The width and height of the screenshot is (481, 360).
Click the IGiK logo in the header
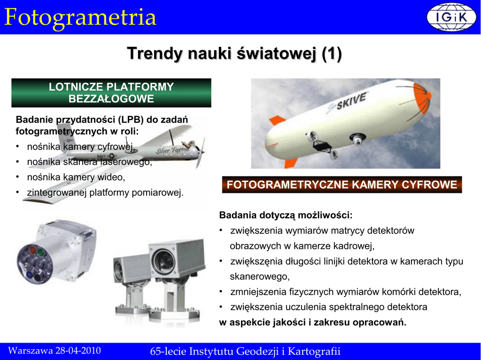click(x=451, y=17)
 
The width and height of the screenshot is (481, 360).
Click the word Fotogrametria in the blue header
click(x=80, y=17)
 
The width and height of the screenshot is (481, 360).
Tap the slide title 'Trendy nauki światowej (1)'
click(x=234, y=54)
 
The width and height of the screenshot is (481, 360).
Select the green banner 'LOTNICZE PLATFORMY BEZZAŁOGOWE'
click(x=111, y=93)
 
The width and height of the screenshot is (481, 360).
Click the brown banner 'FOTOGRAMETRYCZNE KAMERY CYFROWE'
click(x=342, y=184)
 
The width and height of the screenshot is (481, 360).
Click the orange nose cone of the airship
click(x=422, y=98)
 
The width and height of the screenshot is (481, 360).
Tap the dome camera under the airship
click(x=357, y=139)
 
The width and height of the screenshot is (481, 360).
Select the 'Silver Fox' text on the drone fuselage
click(x=169, y=151)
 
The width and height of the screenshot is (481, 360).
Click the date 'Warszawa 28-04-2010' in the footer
click(x=54, y=351)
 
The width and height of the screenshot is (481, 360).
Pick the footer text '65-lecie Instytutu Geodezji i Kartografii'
click(x=245, y=351)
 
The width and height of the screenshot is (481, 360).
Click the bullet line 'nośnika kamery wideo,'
click(x=76, y=177)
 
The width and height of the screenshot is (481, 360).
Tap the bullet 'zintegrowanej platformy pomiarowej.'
click(x=105, y=192)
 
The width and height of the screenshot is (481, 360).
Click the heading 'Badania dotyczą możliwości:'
click(x=286, y=215)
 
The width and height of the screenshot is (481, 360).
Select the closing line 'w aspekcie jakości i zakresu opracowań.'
click(x=312, y=322)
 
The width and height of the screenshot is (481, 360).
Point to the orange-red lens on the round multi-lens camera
click(x=32, y=251)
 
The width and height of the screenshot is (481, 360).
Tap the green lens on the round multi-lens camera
click(x=41, y=253)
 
